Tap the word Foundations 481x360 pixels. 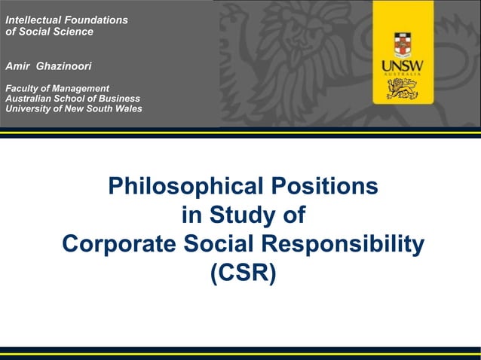(97, 20)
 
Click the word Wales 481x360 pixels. (127, 108)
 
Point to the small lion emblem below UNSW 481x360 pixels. (403, 89)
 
